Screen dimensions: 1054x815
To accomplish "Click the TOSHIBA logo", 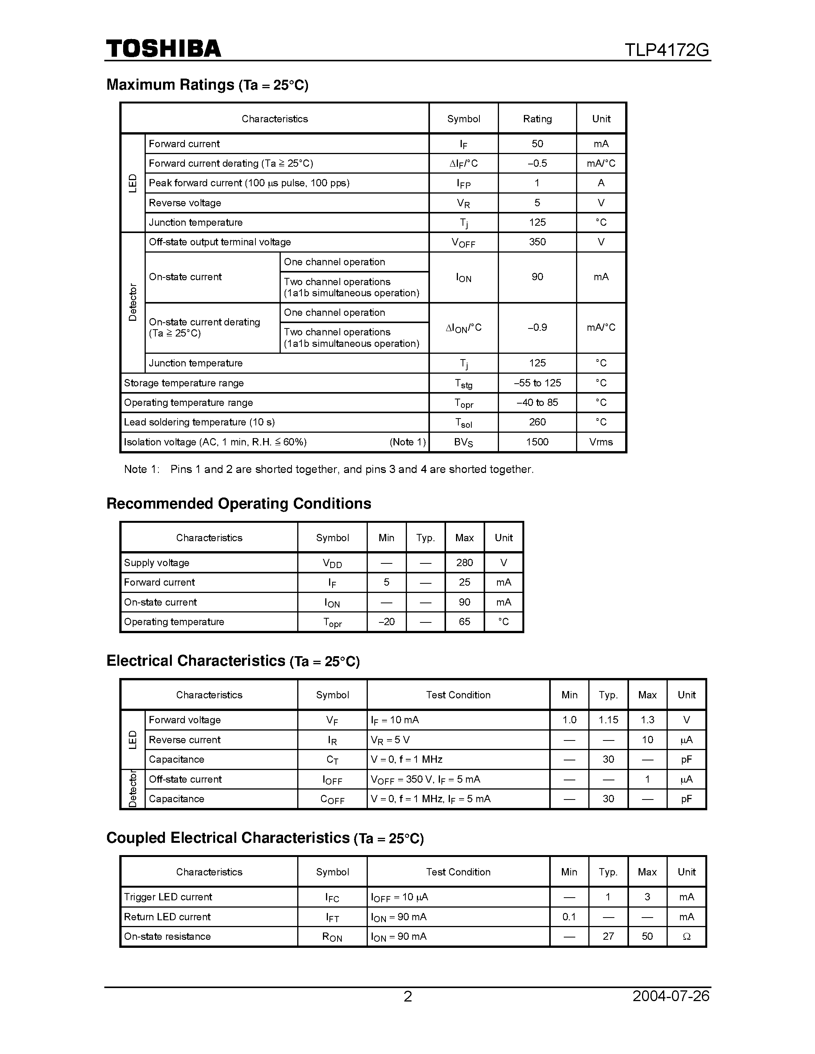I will tap(163, 49).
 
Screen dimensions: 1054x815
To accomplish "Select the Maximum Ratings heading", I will tap(207, 85).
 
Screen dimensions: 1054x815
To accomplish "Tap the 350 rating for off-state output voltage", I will tap(537, 242).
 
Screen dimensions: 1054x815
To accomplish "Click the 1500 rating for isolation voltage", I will tap(537, 442).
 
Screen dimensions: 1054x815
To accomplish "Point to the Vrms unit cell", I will tap(601, 442).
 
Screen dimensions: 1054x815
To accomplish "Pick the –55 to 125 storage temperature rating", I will tap(537, 383).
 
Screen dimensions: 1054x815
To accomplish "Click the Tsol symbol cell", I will tap(463, 423).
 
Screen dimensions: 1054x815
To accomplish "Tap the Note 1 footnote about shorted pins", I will tap(328, 469).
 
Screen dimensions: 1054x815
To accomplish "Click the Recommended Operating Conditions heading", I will tap(239, 503).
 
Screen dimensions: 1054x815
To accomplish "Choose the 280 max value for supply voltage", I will tap(464, 563).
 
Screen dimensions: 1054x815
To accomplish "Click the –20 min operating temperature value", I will tap(386, 622).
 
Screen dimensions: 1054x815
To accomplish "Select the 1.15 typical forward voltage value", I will tap(608, 719).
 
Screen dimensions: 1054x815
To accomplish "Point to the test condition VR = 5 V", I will tap(390, 740).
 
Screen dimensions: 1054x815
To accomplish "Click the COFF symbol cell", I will tap(332, 799).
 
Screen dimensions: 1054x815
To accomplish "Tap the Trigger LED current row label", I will tap(168, 897).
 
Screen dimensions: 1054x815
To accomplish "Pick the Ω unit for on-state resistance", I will tap(686, 936).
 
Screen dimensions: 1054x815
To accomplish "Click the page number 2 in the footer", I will tap(407, 996).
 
